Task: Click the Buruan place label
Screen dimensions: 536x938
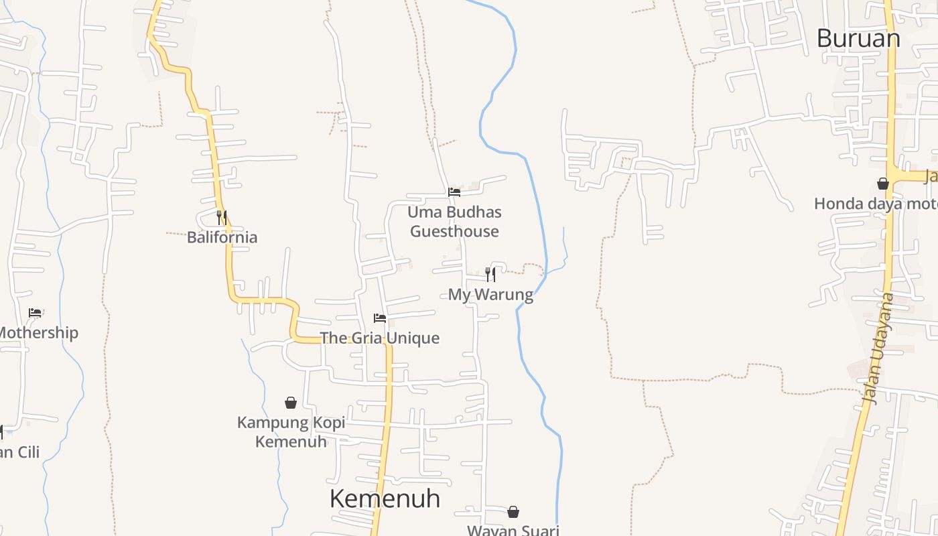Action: click(x=858, y=38)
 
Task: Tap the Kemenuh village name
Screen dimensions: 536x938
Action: click(x=385, y=498)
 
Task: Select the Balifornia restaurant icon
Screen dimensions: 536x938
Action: click(x=222, y=218)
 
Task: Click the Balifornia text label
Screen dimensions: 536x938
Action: click(x=222, y=237)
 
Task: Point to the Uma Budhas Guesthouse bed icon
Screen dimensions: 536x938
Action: click(x=454, y=192)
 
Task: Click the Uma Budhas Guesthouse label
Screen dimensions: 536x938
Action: click(x=454, y=222)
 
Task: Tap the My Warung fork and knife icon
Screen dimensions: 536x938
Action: click(x=490, y=274)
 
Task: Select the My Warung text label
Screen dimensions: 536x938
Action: click(x=490, y=294)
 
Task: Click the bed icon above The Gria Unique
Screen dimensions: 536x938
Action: click(x=380, y=318)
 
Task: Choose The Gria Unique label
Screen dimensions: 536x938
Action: click(x=380, y=338)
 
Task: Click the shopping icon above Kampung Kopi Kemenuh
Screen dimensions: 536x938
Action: click(x=291, y=403)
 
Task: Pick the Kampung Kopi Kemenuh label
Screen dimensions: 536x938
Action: click(x=291, y=432)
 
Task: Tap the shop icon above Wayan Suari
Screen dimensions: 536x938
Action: click(x=513, y=512)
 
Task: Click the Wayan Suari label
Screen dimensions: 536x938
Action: click(x=513, y=530)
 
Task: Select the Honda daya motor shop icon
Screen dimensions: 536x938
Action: click(x=883, y=184)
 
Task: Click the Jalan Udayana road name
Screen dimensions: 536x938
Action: click(x=878, y=348)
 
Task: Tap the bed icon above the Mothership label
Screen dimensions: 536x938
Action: click(x=35, y=313)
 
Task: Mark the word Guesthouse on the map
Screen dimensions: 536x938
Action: click(x=454, y=231)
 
